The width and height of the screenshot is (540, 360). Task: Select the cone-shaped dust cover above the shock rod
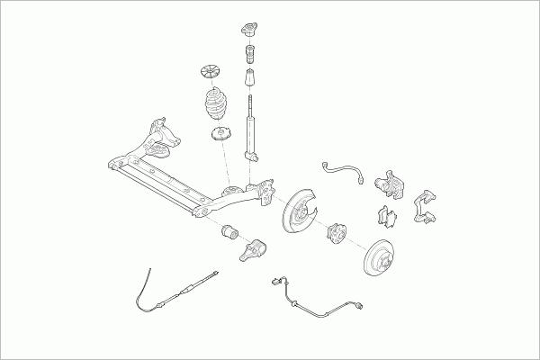pos(249,82)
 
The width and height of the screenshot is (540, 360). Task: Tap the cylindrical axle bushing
pos(229,233)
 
